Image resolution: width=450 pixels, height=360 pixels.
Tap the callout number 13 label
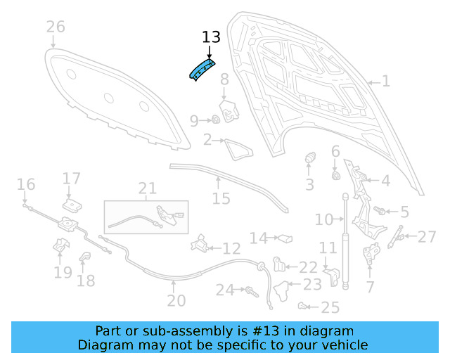211,37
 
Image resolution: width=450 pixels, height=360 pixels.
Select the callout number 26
56,27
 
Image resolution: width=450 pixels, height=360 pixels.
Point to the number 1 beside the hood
385,82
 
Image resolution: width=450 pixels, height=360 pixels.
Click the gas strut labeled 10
345,239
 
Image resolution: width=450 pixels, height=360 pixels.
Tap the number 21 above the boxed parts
147,188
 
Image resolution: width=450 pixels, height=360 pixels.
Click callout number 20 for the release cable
176,300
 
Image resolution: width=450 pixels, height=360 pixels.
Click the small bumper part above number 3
309,160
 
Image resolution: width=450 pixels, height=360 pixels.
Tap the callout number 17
72,179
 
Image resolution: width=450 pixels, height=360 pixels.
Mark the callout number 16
26,185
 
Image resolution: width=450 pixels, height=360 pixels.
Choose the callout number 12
231,248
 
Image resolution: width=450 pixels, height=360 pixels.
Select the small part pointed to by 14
284,239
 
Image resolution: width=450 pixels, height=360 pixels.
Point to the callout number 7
370,286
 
